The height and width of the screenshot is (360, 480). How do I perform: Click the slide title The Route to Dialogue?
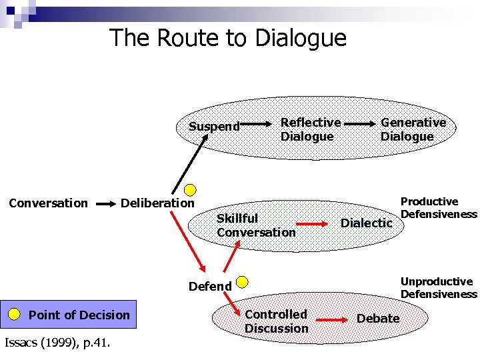point(228,38)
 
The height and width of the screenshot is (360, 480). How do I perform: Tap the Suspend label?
point(214,127)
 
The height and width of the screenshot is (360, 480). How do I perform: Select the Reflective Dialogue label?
point(310,129)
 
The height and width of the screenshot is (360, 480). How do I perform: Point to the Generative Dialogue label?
point(413,129)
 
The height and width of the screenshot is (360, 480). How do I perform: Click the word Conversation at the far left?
point(48,203)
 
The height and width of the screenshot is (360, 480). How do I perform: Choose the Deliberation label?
point(157,203)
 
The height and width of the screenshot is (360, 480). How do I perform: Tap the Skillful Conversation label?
point(255,225)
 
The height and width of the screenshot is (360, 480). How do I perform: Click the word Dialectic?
point(366,223)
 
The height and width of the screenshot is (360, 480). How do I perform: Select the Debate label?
point(378,319)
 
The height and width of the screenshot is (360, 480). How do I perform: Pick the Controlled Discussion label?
point(276,321)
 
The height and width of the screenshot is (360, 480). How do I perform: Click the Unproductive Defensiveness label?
point(439,288)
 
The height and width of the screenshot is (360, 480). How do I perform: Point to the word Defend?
point(210,287)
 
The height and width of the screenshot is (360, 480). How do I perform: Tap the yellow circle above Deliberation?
point(191,189)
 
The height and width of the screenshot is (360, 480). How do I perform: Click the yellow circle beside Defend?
point(243,281)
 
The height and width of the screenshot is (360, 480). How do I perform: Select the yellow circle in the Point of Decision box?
point(15,315)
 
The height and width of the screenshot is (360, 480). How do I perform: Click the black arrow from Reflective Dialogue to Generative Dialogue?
point(361,124)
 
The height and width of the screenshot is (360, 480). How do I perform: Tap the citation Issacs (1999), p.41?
point(57,343)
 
